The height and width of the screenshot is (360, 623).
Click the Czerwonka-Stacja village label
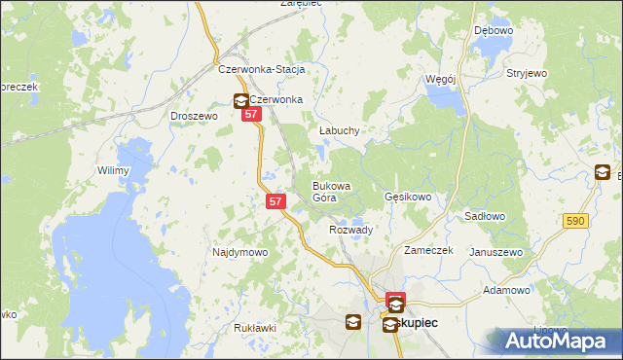262,70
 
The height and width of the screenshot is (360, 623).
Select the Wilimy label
113,170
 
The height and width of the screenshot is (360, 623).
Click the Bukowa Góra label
331,191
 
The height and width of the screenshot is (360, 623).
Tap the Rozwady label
351,230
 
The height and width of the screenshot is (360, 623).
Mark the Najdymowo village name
239,252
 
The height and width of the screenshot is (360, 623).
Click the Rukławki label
255,328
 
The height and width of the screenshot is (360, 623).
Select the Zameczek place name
429,250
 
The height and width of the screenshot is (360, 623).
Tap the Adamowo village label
506,290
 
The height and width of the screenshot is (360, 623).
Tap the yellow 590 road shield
574,222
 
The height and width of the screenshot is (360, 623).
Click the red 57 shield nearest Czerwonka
252,115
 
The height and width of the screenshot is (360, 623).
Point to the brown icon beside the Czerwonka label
240,100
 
